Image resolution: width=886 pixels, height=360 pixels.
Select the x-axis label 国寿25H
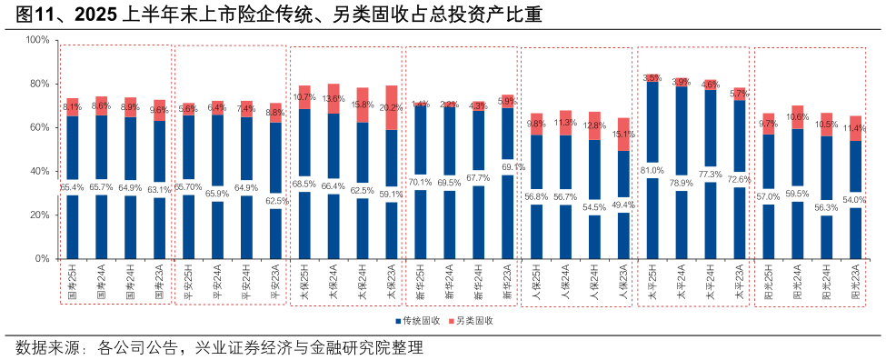73,283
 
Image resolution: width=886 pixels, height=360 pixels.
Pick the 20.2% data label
391,107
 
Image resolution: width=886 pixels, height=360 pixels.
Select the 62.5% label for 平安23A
275,201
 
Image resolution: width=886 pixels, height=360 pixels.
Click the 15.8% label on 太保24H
362,105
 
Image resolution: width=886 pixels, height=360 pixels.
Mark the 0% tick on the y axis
40,258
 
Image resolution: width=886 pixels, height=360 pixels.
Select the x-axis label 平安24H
246,283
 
